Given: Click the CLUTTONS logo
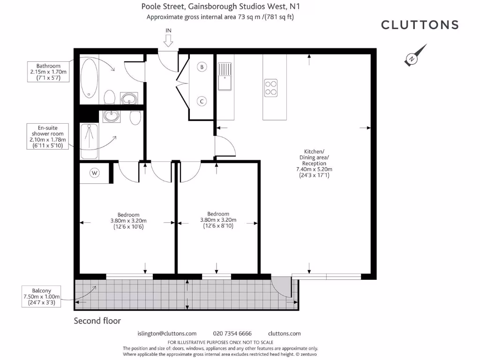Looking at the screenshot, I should (x=420, y=25).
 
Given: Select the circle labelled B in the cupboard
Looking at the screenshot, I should (x=202, y=67).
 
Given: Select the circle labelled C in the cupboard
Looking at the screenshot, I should (x=202, y=101).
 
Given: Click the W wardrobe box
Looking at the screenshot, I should (x=95, y=173).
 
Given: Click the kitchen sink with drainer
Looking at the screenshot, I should (x=225, y=75).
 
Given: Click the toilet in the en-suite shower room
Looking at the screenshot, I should (x=135, y=118).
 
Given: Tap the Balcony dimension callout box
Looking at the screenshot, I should (x=42, y=297).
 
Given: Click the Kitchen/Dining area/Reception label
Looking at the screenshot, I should (x=314, y=164).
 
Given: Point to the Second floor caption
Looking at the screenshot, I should (x=97, y=321).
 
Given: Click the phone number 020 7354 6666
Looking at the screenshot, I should (x=232, y=334).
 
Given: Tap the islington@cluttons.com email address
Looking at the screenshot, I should (x=167, y=334).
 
